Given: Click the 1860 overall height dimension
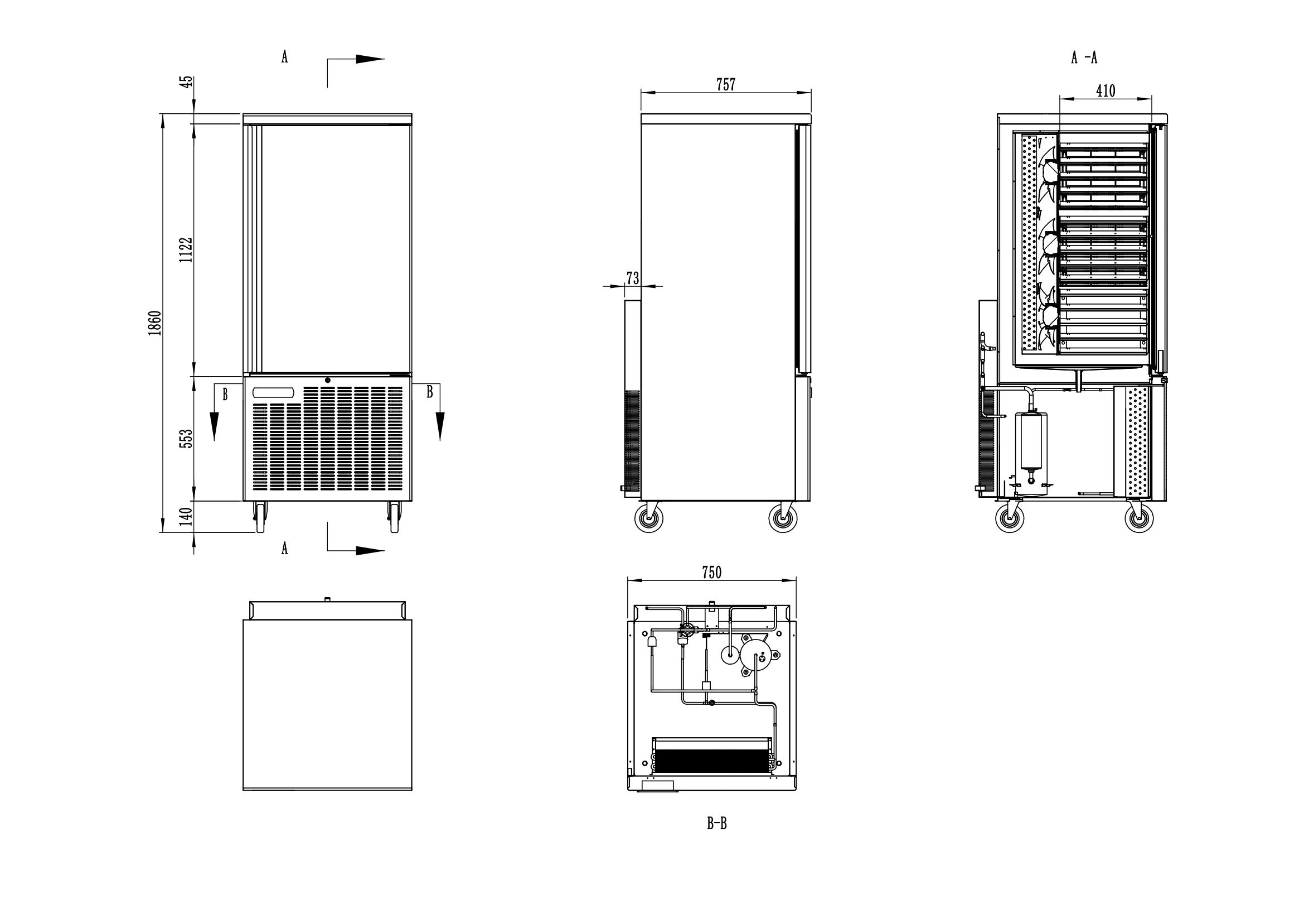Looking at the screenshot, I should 155,323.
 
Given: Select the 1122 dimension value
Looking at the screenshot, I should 186,249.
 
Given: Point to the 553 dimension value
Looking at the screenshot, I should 186,438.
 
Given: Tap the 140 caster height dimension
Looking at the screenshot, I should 186,517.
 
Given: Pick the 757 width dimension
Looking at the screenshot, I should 725,85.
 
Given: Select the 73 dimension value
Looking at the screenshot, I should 632,278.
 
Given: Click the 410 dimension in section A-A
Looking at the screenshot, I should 1105,91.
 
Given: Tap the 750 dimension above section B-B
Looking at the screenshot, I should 711,573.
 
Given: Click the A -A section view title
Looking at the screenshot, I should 1084,57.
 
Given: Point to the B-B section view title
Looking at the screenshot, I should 716,824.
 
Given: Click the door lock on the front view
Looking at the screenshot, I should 328,379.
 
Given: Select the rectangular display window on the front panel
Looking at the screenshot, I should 274,393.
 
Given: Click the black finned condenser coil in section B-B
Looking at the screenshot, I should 711,760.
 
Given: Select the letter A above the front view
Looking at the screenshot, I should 284,57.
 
